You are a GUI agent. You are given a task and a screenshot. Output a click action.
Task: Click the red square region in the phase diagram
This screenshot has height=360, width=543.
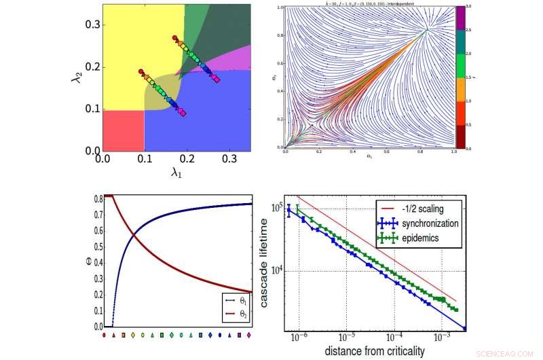pos(122,130)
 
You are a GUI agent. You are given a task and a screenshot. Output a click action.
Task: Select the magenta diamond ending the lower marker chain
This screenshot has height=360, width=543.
pos(183,113)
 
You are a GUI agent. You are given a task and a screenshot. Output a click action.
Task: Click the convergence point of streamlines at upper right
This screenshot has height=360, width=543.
pos(427,30)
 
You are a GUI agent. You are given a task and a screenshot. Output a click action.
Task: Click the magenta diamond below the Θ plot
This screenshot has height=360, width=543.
pos(250,335)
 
